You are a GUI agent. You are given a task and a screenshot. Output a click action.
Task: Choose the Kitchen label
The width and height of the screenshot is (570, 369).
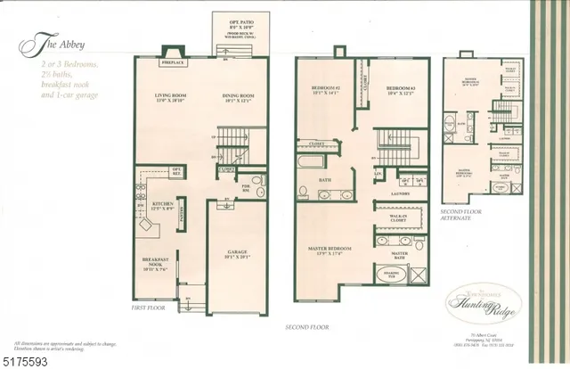pyautogui.click(x=161, y=204)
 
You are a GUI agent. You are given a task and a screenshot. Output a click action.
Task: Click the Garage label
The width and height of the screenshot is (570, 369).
pyautogui.click(x=237, y=253)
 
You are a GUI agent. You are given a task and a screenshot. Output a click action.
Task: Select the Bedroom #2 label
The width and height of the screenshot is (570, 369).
pyautogui.click(x=327, y=89)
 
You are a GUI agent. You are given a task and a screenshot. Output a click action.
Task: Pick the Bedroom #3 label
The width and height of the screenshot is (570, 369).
pyautogui.click(x=397, y=89)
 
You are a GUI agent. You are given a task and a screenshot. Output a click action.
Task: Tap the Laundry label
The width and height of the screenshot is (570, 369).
pyautogui.click(x=400, y=193)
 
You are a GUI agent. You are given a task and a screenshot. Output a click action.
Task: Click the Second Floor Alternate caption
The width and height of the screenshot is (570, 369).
pyautogui.click(x=461, y=215)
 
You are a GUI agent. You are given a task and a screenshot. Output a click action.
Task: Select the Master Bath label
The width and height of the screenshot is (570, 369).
pyautogui.click(x=400, y=255)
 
